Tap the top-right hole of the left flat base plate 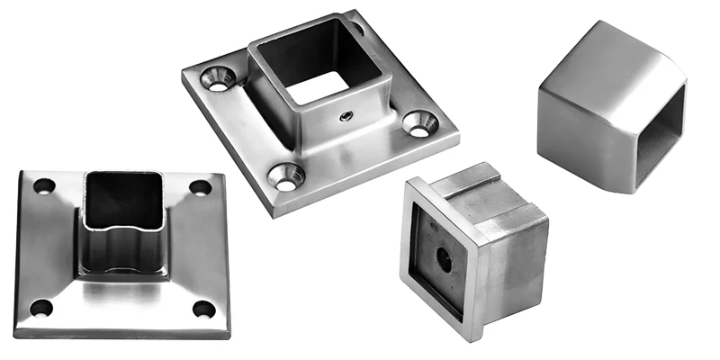point(199,187)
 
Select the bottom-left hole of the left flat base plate point(40,309)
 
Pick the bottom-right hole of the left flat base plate point(203,310)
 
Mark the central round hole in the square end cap point(445,256)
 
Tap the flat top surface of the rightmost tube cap point(612,54)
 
